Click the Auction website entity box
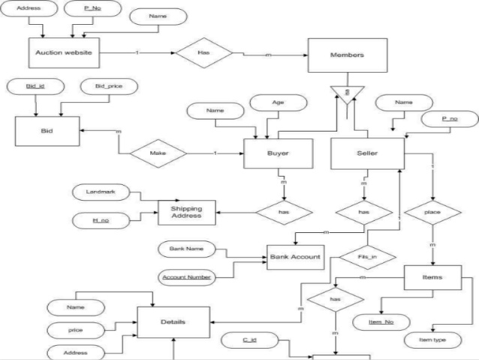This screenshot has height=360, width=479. (x=63, y=53)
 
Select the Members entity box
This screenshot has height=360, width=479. (x=347, y=56)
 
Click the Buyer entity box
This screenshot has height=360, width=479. (x=278, y=153)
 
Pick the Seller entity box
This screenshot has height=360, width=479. (x=367, y=153)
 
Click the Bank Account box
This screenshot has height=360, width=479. (x=295, y=257)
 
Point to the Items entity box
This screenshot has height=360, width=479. (x=432, y=277)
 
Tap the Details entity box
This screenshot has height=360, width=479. (x=173, y=322)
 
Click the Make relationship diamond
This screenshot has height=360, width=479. (x=158, y=153)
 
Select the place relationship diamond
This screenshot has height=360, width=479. (x=432, y=213)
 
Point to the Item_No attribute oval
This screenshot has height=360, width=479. (x=383, y=322)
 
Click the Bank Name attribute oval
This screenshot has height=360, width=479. (x=183, y=247)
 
